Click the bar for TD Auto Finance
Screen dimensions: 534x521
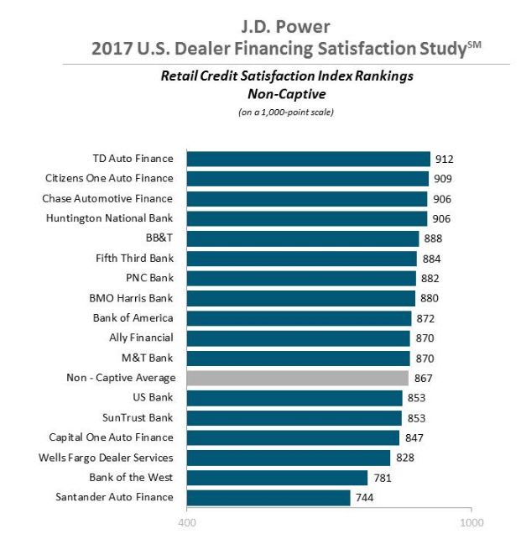tap(307, 159)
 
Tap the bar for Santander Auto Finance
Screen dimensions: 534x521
tap(268, 497)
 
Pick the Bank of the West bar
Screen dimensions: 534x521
tap(277, 477)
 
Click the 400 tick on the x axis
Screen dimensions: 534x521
tap(186, 521)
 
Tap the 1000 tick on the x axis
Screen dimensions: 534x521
tap(471, 521)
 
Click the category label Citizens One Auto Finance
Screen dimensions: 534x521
tap(108, 178)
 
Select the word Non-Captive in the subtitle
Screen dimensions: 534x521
tap(263, 94)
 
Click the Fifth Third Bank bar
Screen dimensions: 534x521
tap(301, 259)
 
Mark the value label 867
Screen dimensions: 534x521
tap(423, 379)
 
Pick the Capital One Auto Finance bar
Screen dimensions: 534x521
tap(292, 437)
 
